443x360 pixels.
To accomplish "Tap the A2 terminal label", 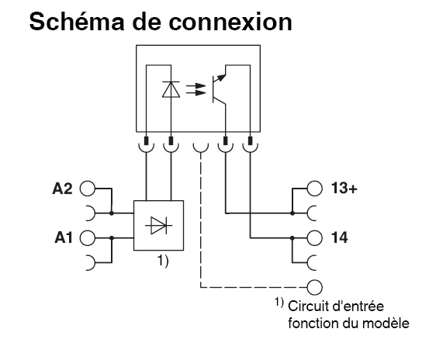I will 63,189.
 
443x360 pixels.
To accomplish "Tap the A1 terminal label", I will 63,237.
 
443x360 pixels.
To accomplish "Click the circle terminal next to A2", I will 88,189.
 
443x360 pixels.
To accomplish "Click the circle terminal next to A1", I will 88,238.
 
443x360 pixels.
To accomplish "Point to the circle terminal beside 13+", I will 314,189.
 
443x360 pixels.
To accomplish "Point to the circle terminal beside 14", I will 314,237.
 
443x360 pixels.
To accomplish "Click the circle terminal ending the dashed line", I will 314,286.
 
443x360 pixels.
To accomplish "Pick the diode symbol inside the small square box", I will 159,225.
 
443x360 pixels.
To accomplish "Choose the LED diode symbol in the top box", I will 171,89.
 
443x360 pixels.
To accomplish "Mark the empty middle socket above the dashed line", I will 201,144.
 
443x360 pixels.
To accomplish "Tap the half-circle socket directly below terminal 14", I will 313,261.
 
